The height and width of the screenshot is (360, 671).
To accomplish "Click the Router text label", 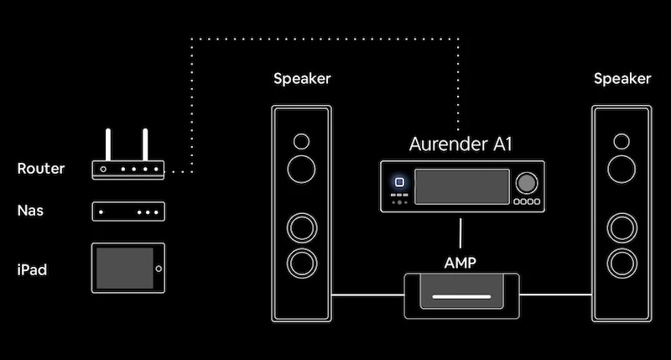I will (x=40, y=170).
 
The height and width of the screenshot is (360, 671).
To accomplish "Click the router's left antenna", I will (x=107, y=144).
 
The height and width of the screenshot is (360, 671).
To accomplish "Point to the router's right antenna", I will (x=144, y=144).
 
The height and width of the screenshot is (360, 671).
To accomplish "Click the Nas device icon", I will (x=128, y=211).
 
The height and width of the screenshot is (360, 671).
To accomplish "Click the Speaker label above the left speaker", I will (x=302, y=79).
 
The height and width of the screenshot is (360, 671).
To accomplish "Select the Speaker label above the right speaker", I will (x=622, y=79).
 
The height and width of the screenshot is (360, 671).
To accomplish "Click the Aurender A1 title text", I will (x=460, y=143).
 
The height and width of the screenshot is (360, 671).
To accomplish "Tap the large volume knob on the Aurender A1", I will (x=527, y=183).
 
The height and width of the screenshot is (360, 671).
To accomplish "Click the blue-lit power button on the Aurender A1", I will (x=399, y=182).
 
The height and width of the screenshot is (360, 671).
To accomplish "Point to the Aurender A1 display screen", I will (x=463, y=185).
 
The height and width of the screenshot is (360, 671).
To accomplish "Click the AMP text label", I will (x=460, y=263).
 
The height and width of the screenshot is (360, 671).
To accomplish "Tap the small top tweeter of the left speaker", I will (x=301, y=139).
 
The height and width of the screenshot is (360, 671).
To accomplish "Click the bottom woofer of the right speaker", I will (x=622, y=262).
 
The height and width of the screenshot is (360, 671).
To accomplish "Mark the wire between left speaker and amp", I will (x=367, y=295).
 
